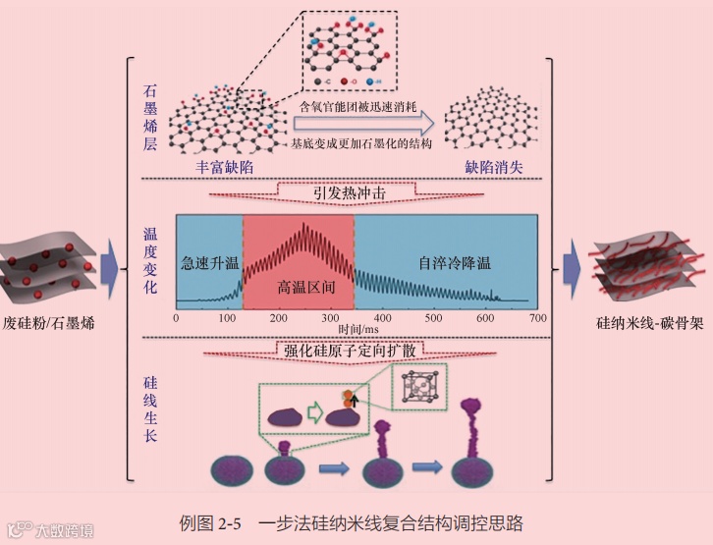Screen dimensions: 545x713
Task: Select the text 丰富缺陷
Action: pyautogui.click(x=225, y=167)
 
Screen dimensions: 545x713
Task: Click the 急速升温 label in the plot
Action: pyautogui.click(x=209, y=265)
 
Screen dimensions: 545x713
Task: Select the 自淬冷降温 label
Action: pyautogui.click(x=454, y=263)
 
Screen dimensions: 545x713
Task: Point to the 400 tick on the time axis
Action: pyautogui.click(x=383, y=318)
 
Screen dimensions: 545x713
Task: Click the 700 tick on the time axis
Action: pyautogui.click(x=536, y=318)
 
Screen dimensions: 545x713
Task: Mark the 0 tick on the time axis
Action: pyautogui.click(x=176, y=318)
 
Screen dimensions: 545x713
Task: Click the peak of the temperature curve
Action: pyautogui.click(x=303, y=225)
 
